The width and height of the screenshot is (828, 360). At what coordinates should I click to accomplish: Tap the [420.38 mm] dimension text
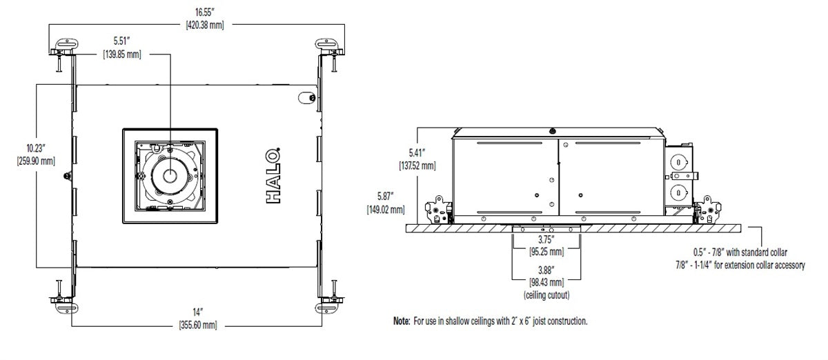pyautogui.click(x=205, y=25)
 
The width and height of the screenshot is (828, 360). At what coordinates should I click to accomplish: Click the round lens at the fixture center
pyautogui.click(x=169, y=176)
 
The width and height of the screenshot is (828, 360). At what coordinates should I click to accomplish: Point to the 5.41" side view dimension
pyautogui.click(x=417, y=154)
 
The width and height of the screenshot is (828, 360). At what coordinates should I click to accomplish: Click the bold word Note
pyautogui.click(x=402, y=321)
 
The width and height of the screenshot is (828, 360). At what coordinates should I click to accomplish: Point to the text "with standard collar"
pyautogui.click(x=767, y=252)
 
